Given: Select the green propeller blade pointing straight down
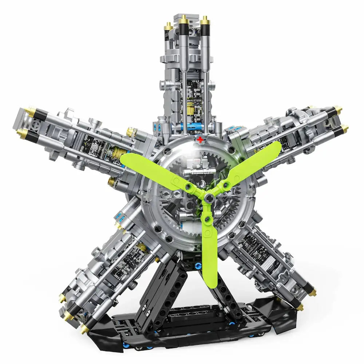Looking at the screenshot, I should coord(210,251).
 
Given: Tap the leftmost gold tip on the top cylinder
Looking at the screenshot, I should coord(168,26).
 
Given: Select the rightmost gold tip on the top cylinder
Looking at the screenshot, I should coord(205,20).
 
